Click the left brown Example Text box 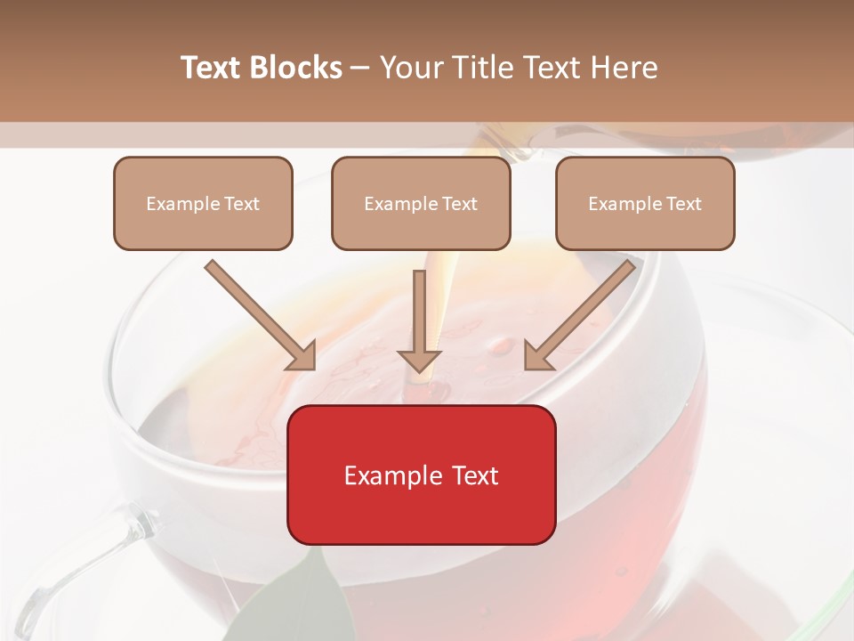[x=203, y=204]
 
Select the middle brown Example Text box [x=421, y=204]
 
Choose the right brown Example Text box [x=645, y=204]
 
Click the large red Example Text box [x=421, y=475]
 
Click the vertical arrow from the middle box [x=419, y=316]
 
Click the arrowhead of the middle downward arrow [x=419, y=361]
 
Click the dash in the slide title [x=360, y=68]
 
